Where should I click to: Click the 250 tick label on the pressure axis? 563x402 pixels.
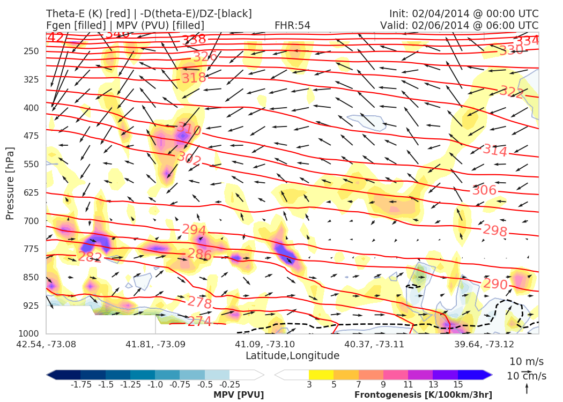pos(32,51)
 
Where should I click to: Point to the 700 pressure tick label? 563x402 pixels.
pos(32,221)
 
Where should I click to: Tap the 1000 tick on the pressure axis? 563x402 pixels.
pos(29,333)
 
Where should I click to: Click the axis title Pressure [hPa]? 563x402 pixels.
pos(10,183)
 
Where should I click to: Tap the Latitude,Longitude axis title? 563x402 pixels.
pos(292,355)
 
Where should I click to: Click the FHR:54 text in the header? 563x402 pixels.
pos(292,25)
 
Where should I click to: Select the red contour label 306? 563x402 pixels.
pos(484,190)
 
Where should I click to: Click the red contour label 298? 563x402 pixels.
pos(495,230)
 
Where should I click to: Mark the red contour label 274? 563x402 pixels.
pos(199,322)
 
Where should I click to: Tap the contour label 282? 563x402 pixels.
pos(90,257)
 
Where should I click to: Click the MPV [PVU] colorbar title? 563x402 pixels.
pos(238,395)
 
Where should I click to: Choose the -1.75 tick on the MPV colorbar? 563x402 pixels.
pos(80,384)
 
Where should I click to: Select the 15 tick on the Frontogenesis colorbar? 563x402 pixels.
pos(457,384)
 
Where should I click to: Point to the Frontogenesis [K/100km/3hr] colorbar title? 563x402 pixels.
pos(423,395)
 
